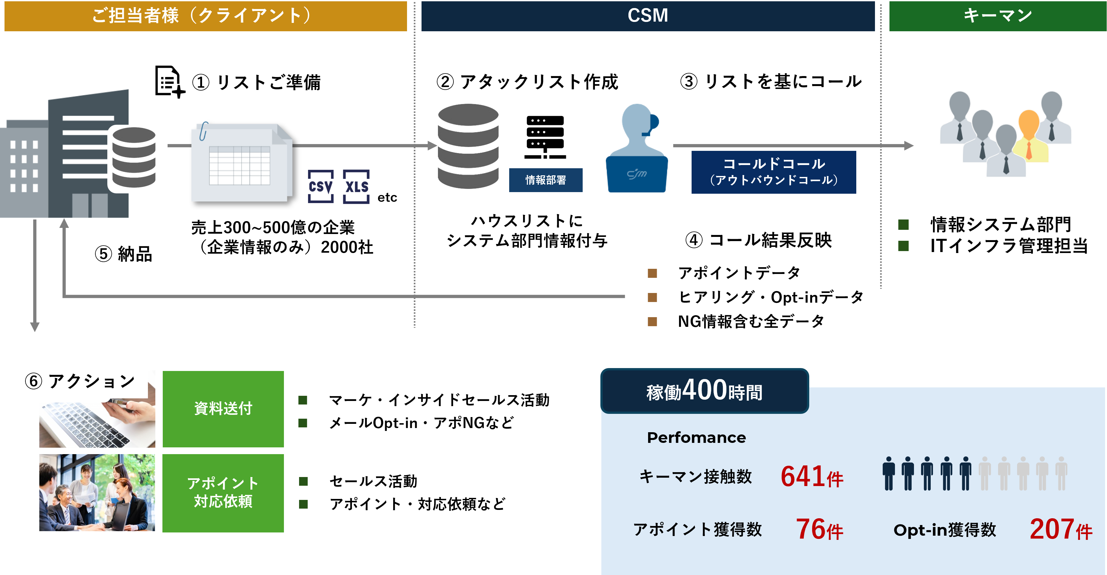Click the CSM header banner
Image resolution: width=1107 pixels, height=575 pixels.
pyautogui.click(x=648, y=16)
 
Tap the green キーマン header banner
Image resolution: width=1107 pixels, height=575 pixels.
pyautogui.click(x=997, y=16)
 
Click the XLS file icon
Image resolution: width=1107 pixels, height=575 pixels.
pyautogui.click(x=356, y=187)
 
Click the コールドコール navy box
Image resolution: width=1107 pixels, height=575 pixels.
pyautogui.click(x=773, y=172)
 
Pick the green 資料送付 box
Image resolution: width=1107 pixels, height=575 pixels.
pyautogui.click(x=223, y=409)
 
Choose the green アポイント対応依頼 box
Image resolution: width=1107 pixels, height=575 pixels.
pyautogui.click(x=223, y=493)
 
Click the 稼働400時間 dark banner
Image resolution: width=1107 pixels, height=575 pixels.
pyautogui.click(x=705, y=391)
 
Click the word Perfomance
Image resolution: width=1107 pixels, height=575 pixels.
pyautogui.click(x=696, y=437)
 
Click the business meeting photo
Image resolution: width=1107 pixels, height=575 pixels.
pyautogui.click(x=97, y=493)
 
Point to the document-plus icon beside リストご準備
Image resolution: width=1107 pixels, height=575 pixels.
pyautogui.click(x=169, y=82)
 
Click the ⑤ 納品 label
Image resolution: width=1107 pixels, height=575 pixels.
pyautogui.click(x=123, y=254)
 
